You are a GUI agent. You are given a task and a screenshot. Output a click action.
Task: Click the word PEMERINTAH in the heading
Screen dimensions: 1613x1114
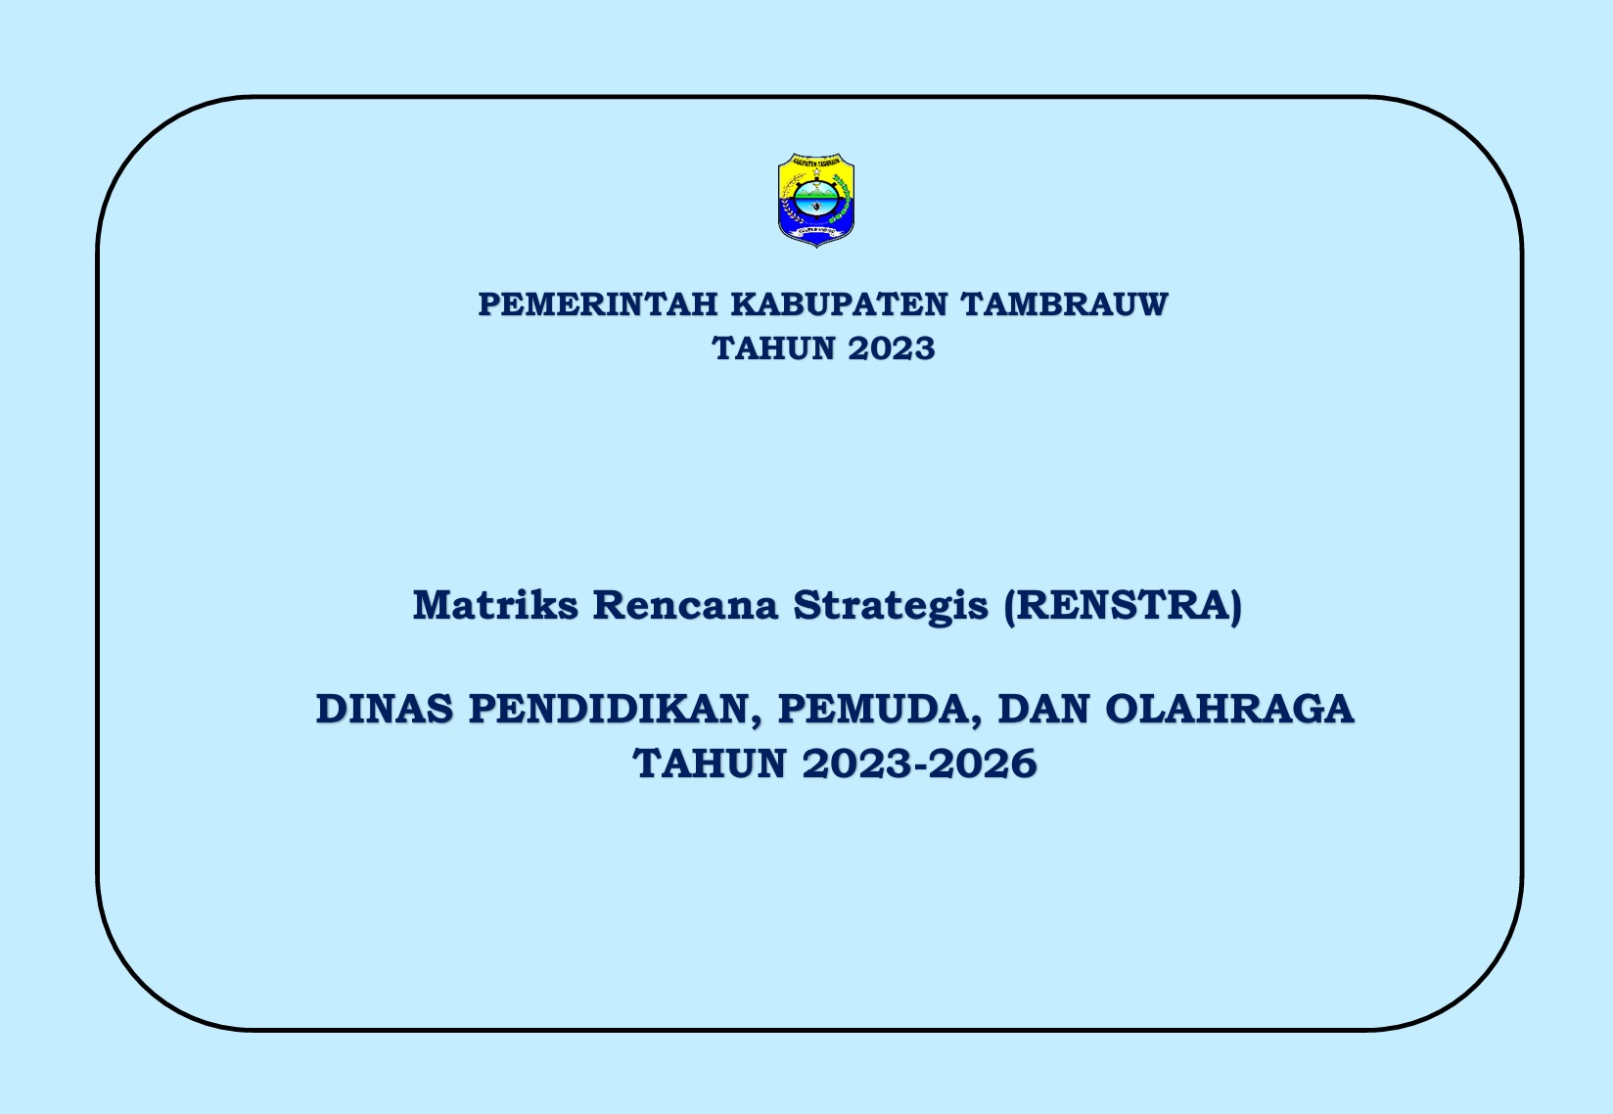(598, 304)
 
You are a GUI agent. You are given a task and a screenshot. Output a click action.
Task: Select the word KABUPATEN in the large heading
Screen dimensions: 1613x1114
(839, 304)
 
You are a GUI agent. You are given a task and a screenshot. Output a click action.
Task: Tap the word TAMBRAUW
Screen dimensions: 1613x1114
(1064, 304)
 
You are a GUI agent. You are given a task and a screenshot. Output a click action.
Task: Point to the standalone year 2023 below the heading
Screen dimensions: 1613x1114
(892, 348)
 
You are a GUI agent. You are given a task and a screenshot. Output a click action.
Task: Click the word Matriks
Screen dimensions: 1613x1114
(495, 605)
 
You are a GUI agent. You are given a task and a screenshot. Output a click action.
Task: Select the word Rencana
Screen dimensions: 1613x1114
(685, 605)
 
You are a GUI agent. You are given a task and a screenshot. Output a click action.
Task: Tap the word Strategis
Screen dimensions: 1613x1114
(891, 606)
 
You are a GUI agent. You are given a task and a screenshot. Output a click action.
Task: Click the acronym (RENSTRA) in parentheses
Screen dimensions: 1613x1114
(1124, 606)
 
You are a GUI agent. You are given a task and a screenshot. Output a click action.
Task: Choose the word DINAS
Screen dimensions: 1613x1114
(386, 709)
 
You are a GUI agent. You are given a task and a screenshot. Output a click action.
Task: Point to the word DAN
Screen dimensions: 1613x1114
(1044, 709)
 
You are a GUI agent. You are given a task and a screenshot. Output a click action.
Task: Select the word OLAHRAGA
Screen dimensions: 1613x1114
(1230, 709)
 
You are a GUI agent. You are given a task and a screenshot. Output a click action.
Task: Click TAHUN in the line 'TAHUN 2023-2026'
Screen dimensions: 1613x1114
(710, 764)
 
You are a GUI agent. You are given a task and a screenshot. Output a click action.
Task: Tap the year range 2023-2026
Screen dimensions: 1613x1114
(920, 764)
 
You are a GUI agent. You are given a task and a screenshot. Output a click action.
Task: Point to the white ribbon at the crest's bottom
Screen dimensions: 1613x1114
(816, 231)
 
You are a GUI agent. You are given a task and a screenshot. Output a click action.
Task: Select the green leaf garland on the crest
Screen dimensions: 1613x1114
(841, 198)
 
